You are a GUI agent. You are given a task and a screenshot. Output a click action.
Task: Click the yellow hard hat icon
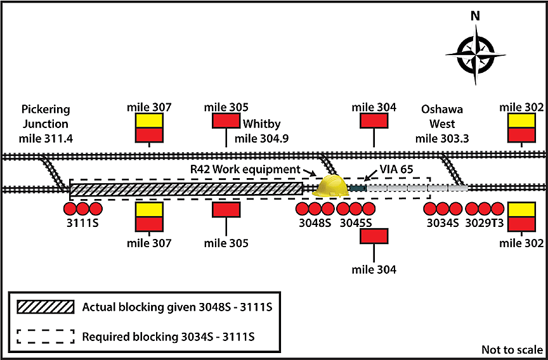coord(332,186)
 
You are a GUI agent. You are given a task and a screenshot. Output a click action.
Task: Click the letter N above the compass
coord(475,16)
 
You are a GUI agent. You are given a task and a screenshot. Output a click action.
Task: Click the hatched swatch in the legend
coord(45,307)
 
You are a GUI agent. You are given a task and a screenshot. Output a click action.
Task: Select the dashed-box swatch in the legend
coord(45,335)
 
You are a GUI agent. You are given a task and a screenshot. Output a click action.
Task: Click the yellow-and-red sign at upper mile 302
coord(521,127)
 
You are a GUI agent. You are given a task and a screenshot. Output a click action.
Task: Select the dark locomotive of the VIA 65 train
coord(358,188)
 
